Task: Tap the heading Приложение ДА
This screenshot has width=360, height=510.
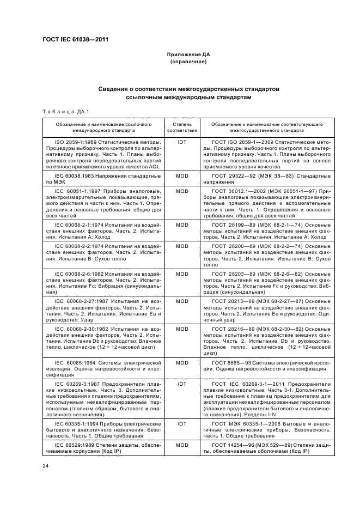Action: [188, 56]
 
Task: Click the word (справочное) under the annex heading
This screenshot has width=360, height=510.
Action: [188, 62]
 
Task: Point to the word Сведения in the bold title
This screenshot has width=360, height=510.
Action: [114, 88]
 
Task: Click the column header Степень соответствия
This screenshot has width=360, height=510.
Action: [181, 127]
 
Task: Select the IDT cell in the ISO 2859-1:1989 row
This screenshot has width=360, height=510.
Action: [181, 142]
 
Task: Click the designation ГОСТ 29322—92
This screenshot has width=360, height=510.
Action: [231, 177]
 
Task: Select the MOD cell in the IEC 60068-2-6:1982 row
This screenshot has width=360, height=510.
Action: [181, 274]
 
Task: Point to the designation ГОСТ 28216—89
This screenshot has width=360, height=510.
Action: [231, 329]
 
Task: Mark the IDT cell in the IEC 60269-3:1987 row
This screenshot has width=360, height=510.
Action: [181, 384]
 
